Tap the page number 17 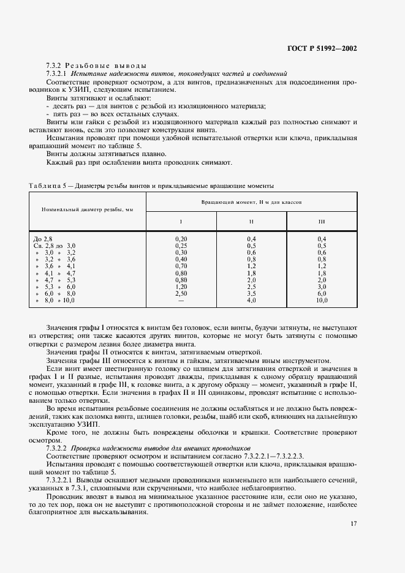coord(354,523)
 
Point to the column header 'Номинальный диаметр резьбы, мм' coord(87,209)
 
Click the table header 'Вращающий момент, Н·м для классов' coord(251,201)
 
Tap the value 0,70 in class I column coord(181,266)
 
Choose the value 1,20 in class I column coord(181,286)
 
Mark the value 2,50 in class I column coord(181,294)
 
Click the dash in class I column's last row coord(181,301)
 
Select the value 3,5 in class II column coord(251,294)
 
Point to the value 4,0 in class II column coord(251,301)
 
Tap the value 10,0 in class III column coord(322,301)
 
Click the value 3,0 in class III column coord(322,286)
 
